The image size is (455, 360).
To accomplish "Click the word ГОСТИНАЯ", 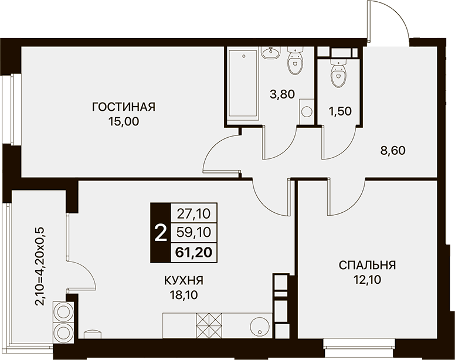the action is pos(124,107).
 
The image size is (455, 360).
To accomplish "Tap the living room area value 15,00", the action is pos(124,122).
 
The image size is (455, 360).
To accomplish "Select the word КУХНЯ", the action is pos(184,280).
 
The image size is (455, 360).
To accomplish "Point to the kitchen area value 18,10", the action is pos(184,295).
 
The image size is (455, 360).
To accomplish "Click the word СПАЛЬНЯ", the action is pos(368,265).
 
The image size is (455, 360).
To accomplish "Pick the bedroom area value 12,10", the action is pos(368,280).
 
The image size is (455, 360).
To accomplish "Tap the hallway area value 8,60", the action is pos(393,151).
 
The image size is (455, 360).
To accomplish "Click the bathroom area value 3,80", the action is pos(283,94).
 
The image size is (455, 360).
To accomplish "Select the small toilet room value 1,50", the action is pos(341,111).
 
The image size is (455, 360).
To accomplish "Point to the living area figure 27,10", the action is pos(193,214).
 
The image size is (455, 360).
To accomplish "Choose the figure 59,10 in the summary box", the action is pos(193,232).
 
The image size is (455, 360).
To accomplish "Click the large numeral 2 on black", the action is pos(161,233).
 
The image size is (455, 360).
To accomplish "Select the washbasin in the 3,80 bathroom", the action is pos(271,52).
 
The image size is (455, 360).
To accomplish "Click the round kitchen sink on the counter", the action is pos(259,327).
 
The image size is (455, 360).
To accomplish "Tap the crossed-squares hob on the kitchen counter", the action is pos(209,325).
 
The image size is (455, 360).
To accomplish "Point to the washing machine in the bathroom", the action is pos(306,111).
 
